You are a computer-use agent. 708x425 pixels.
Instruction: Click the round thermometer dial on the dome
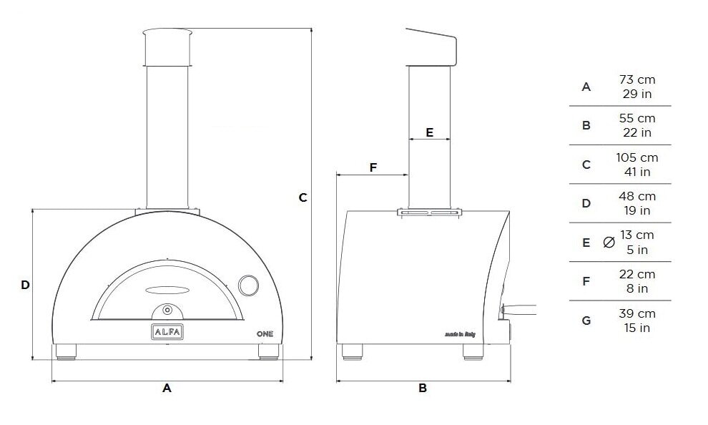point(250,284)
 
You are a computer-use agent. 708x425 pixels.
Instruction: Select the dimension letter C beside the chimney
point(303,197)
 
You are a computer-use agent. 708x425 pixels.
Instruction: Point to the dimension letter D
point(25,285)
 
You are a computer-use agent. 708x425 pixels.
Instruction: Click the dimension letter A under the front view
point(167,388)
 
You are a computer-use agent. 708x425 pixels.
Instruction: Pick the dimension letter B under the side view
point(423,388)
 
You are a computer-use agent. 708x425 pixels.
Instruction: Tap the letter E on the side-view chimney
point(429,132)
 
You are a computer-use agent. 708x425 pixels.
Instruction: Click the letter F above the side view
point(373,167)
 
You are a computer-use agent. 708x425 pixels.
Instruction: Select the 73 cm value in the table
point(636,79)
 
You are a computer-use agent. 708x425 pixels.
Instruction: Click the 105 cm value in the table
point(636,157)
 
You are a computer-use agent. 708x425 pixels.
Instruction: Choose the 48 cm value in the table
point(636,196)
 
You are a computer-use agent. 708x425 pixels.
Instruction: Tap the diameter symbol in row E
point(609,243)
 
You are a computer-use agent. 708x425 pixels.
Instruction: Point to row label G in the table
point(586,321)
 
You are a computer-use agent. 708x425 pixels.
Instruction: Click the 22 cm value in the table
point(636,274)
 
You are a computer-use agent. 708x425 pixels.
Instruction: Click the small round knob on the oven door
point(167,309)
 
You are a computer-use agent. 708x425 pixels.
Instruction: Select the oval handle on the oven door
point(167,289)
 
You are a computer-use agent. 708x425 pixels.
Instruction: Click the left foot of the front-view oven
point(67,351)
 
